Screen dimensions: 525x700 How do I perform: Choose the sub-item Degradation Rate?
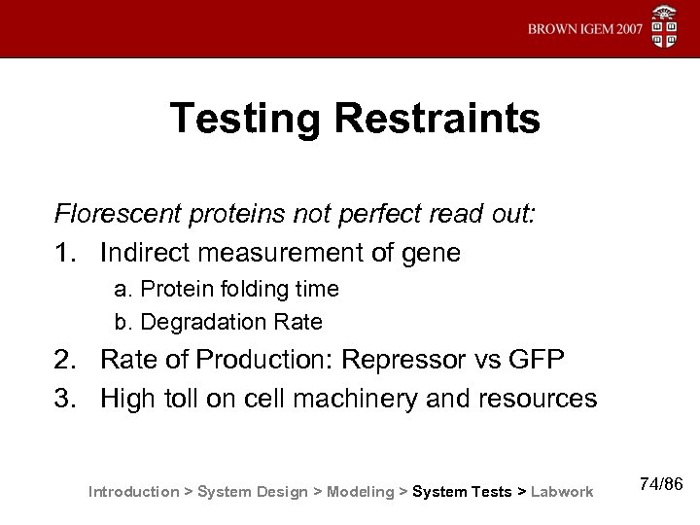click(x=218, y=321)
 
